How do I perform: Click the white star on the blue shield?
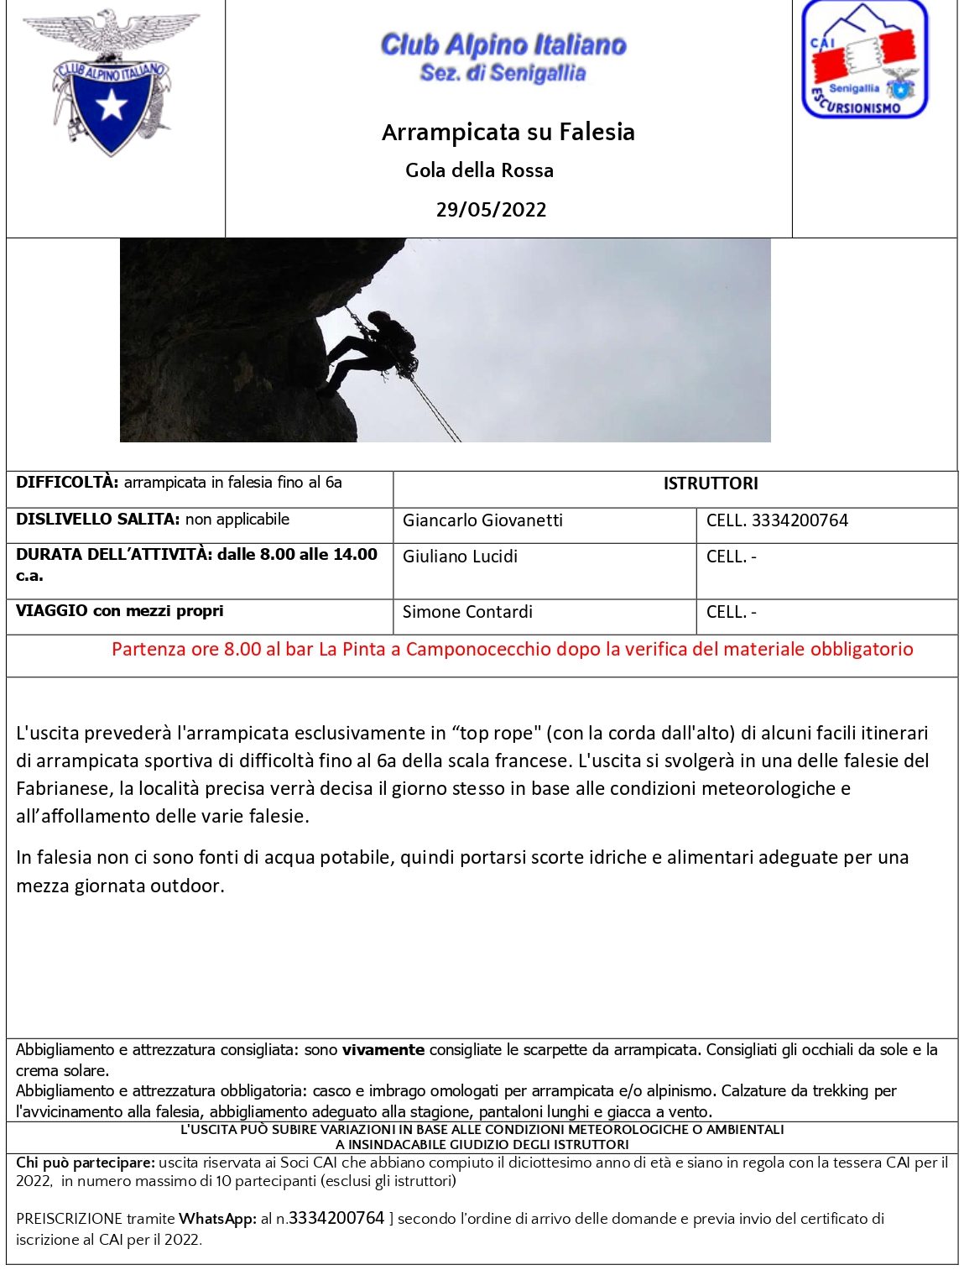[112, 106]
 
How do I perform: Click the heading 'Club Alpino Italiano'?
[503, 44]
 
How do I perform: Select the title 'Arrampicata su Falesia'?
[508, 133]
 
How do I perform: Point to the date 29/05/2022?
[491, 210]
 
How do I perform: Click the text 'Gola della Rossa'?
[479, 170]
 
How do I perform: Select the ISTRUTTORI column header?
[710, 483]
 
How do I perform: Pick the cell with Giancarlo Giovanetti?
[482, 520]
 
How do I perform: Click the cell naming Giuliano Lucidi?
[460, 557]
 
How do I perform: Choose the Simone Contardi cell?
[467, 612]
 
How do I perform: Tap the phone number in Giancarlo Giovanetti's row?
[800, 520]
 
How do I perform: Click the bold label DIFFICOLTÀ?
[67, 483]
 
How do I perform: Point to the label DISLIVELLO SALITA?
[97, 520]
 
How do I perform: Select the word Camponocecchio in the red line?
[474, 649]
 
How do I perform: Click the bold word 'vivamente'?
[383, 1050]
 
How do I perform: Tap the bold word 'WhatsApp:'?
[217, 1219]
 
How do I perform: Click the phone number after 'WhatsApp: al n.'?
[336, 1218]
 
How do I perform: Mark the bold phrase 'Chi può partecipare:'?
[86, 1163]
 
